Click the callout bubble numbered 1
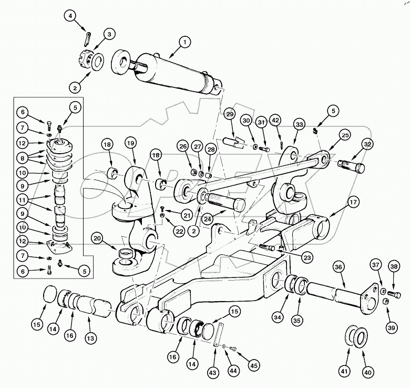point(185,42)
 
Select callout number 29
point(229,115)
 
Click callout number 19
point(130,143)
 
